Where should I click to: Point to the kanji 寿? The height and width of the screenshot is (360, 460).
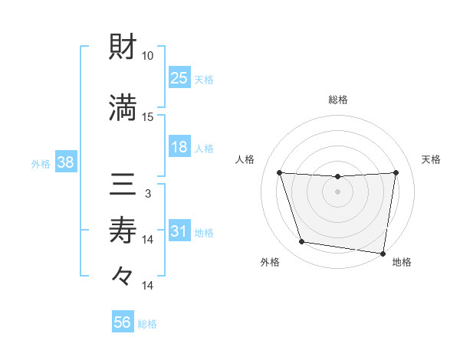pos(123,229)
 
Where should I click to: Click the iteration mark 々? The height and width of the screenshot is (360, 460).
pos(123,275)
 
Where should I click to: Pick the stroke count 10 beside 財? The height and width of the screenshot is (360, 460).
pos(148,56)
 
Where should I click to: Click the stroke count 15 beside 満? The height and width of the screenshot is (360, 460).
pos(148,116)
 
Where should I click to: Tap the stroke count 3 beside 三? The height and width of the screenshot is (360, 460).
pos(148,194)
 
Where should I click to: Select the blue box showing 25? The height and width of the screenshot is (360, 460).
pos(179,77)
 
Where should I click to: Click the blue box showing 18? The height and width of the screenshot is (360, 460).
pos(179,147)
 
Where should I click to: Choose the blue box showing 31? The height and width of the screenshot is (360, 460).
pos(179,232)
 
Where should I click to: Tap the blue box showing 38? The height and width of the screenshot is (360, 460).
pos(65,162)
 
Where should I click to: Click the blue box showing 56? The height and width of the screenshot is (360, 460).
pos(123,322)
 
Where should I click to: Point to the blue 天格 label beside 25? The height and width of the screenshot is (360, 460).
pos(204,78)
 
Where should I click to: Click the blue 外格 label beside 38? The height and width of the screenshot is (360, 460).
pos(41,163)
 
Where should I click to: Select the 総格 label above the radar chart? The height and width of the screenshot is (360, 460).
pos(337,100)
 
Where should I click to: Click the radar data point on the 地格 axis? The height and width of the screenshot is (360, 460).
pos(383,253)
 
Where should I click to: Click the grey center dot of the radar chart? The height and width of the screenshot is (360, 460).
pos(337,191)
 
